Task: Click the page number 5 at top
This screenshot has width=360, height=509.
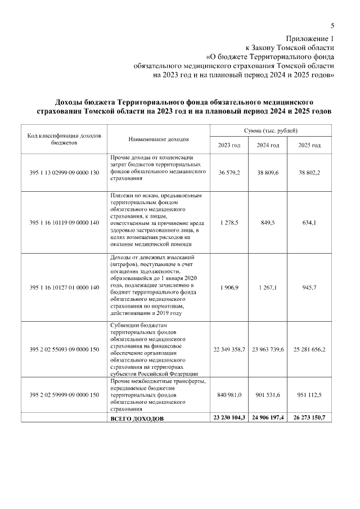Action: (x=332, y=25)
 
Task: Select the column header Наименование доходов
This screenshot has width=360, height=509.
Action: (x=158, y=139)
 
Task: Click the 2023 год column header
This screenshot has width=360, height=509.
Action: (x=229, y=145)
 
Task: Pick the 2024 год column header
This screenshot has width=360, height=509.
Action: (x=268, y=145)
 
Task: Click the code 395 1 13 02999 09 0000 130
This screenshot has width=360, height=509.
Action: (x=64, y=172)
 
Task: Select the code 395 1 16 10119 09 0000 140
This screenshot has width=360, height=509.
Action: (x=64, y=223)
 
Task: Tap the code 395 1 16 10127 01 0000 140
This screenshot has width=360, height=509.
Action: (x=64, y=287)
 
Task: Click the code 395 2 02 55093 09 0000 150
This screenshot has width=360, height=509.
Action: (x=64, y=349)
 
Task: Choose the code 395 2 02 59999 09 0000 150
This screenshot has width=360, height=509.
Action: (x=64, y=395)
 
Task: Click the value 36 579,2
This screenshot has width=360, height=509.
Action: (x=229, y=172)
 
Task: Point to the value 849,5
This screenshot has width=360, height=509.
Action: (x=268, y=223)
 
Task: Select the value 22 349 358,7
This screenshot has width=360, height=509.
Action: (x=229, y=349)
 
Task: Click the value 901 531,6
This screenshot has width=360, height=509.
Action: (x=268, y=395)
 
